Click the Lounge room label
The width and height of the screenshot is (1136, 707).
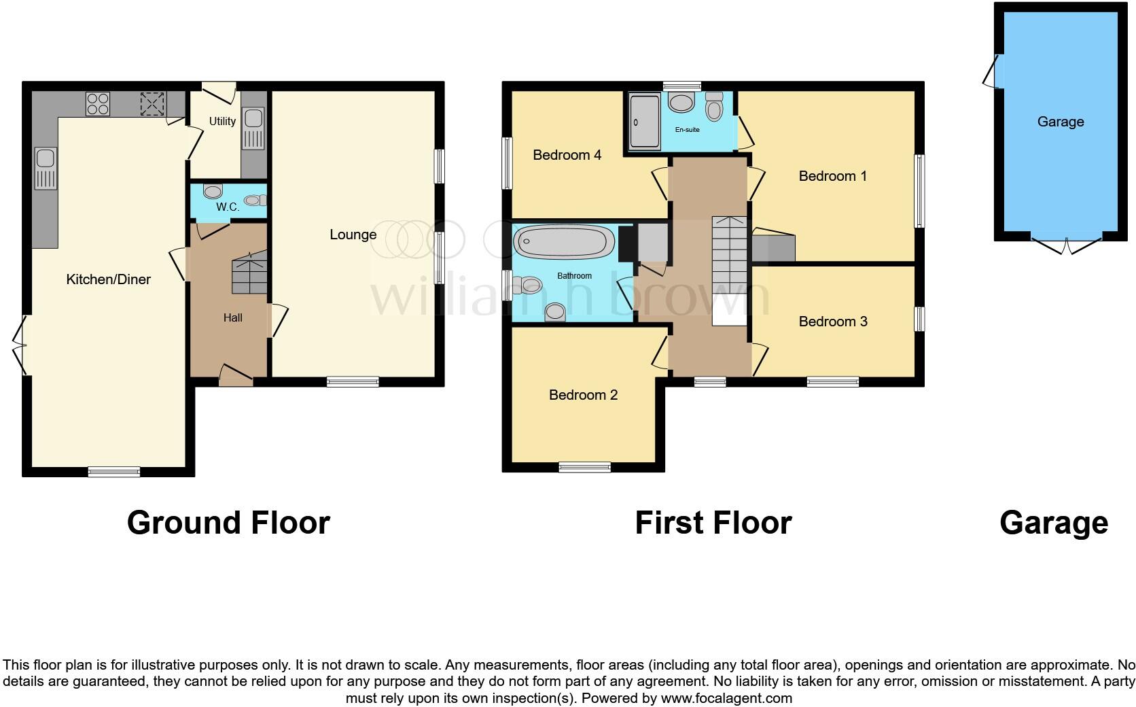[x=353, y=235]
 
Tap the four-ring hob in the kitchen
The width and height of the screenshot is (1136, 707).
[x=98, y=104]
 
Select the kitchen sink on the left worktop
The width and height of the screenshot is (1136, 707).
[x=46, y=168]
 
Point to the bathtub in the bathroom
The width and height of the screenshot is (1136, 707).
[x=564, y=241]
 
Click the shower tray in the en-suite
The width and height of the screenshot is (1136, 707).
[x=645, y=122]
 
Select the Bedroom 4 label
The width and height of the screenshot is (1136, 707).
[x=567, y=155]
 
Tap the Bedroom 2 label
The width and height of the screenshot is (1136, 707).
[x=583, y=395]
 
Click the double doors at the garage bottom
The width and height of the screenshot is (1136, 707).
[x=1066, y=246]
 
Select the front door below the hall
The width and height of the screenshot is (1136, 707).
[x=236, y=376]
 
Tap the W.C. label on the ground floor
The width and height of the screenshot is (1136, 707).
[x=228, y=207]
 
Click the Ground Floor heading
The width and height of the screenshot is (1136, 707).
[x=228, y=523]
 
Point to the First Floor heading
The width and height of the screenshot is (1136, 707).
[x=713, y=523]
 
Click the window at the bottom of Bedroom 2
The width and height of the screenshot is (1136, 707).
[x=584, y=467]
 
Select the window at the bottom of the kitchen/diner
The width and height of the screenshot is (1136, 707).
[x=114, y=471]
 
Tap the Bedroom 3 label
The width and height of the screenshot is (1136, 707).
[x=832, y=322]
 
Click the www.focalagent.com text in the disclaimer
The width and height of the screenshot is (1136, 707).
[x=726, y=698]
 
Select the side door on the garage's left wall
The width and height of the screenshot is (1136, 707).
[x=993, y=71]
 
